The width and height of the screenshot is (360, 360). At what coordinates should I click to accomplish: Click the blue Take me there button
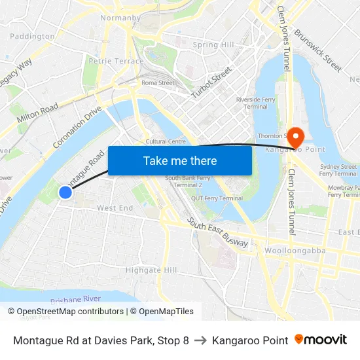(x=180, y=160)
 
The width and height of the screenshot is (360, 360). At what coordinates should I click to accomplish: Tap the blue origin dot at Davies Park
(x=65, y=192)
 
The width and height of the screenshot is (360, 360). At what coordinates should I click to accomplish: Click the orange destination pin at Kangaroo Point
(x=296, y=136)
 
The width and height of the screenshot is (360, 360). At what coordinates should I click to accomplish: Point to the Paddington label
(x=32, y=37)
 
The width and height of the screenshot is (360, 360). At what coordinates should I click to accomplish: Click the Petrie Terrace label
(x=116, y=61)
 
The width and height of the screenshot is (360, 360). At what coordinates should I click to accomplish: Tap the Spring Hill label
(x=213, y=45)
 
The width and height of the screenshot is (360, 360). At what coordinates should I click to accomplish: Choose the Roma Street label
(x=158, y=83)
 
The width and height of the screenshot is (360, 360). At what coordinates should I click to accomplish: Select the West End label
(x=115, y=208)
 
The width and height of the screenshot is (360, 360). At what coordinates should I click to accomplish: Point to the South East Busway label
(x=217, y=233)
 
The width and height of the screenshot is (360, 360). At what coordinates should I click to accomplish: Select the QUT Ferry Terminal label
(x=217, y=198)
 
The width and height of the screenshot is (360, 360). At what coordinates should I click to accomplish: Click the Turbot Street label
(x=211, y=82)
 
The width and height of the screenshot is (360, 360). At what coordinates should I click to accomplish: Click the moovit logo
(x=320, y=340)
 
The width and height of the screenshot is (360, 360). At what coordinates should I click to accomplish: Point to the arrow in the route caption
(x=200, y=340)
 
